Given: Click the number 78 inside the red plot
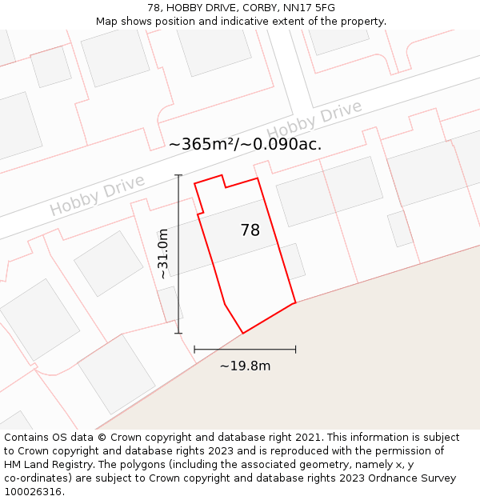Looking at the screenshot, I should (250, 230).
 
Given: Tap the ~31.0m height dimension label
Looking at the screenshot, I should (163, 254).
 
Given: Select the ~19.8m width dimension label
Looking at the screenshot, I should (245, 366).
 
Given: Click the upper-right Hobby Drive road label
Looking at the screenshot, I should (314, 121).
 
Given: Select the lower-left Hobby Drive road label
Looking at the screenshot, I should (97, 196).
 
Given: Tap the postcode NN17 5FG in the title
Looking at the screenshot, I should (307, 8).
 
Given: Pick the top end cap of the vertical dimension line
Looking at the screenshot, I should (178, 175).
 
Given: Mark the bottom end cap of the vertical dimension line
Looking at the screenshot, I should (178, 333).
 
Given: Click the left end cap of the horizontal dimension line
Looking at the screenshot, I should (194, 349).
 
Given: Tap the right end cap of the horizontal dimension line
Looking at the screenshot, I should (296, 349).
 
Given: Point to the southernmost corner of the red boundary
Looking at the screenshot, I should (242, 333).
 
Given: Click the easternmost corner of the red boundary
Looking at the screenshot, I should (296, 302).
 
